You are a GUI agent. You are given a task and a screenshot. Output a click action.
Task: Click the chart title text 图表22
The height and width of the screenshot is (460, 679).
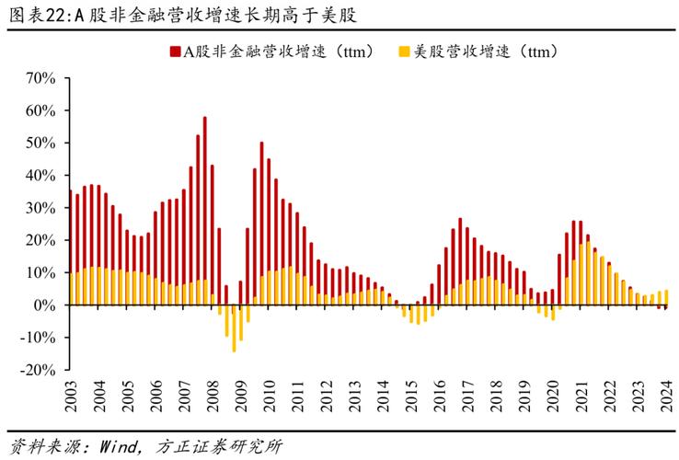click(x=37, y=15)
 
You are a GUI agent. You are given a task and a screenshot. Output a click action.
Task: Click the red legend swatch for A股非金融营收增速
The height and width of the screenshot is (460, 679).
click(x=175, y=52)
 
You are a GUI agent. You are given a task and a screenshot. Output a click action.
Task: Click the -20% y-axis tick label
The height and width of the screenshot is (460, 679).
click(x=38, y=370)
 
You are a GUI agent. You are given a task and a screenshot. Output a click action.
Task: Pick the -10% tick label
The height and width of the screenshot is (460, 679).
click(x=38, y=338)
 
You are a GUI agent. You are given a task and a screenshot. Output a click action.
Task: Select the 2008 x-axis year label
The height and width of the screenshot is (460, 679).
click(x=213, y=395)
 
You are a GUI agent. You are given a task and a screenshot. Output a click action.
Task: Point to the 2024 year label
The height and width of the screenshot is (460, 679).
click(x=666, y=395)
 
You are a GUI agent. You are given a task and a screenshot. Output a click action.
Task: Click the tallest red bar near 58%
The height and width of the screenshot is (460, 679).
click(x=204, y=210)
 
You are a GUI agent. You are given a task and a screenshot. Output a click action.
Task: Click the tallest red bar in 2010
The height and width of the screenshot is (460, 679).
click(x=261, y=223)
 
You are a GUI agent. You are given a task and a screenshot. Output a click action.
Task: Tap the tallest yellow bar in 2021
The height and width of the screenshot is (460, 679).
click(x=588, y=273)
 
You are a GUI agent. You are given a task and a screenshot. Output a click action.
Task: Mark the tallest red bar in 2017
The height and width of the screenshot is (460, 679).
click(x=460, y=261)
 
